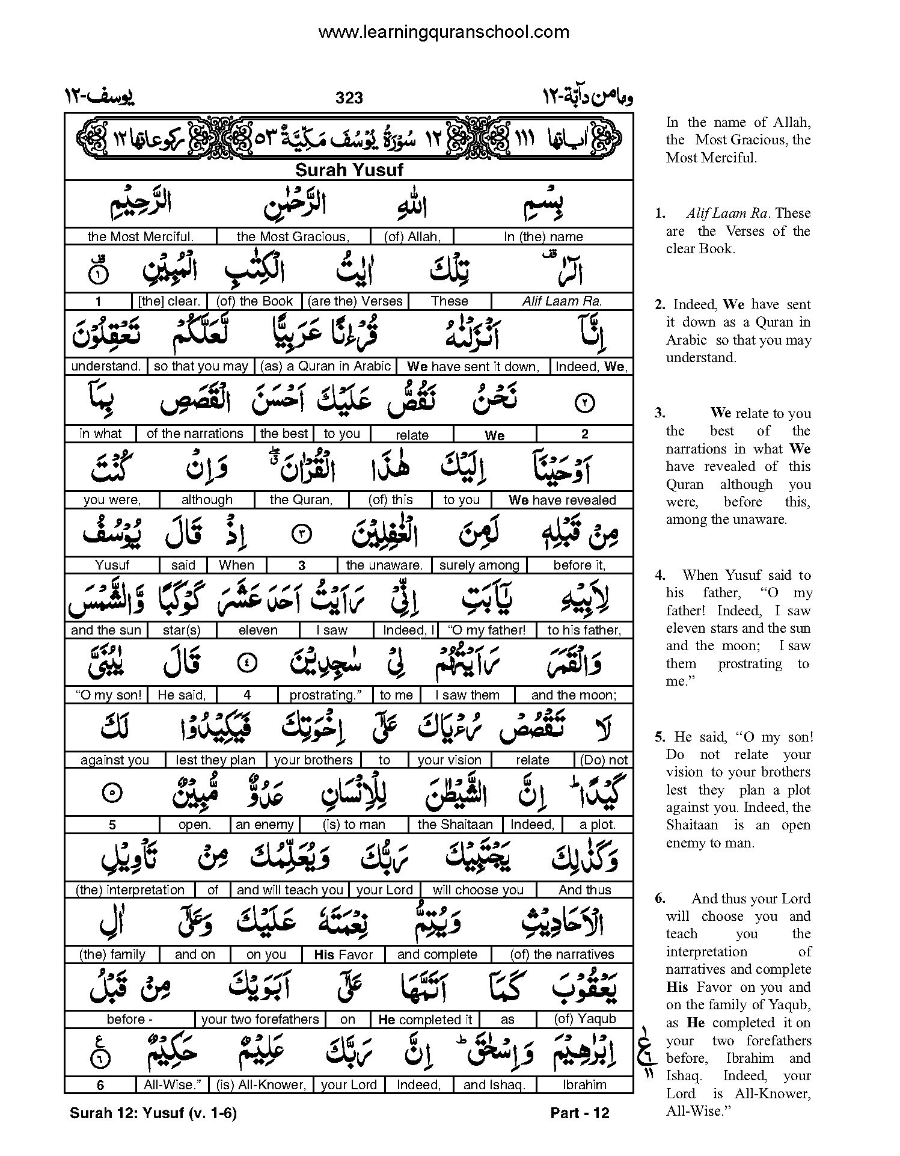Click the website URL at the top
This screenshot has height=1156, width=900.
(x=444, y=32)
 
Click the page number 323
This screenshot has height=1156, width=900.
(x=349, y=97)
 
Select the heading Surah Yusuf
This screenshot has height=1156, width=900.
(x=349, y=170)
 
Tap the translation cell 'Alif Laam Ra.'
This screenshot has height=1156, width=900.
(x=562, y=301)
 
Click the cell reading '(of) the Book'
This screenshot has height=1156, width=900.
(x=254, y=301)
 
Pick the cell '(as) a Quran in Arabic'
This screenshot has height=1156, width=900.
(x=325, y=366)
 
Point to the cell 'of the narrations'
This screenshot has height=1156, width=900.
(x=195, y=434)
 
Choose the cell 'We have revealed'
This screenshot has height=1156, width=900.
(x=562, y=500)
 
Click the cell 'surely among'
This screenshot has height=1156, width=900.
(x=479, y=565)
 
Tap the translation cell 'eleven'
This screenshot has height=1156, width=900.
(x=258, y=630)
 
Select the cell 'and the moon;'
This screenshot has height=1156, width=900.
(x=574, y=695)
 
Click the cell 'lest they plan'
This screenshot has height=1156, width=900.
(x=215, y=760)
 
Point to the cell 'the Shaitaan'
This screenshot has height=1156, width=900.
(x=455, y=825)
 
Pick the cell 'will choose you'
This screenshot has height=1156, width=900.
(x=478, y=890)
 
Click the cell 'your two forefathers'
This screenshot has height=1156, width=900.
(x=260, y=1019)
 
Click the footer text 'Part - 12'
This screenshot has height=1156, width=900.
(x=580, y=1113)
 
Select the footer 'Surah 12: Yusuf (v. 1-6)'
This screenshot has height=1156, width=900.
(x=153, y=1113)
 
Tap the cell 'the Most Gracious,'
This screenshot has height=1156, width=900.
(x=293, y=236)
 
